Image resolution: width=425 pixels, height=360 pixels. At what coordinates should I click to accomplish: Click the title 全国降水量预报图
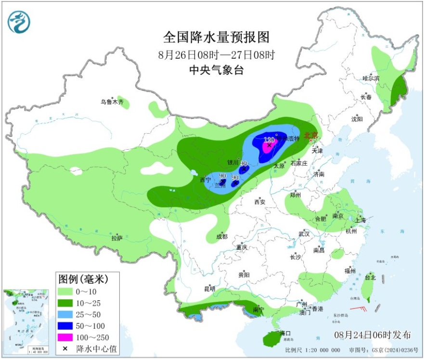tap(216, 37)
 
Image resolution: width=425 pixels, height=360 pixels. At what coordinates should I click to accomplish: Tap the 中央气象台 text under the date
tap(216, 70)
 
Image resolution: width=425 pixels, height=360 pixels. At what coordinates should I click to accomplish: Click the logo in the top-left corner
tap(19, 22)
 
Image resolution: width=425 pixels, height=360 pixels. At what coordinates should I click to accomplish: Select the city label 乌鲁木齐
tap(112, 102)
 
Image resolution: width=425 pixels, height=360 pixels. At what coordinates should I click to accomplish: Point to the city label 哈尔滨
tap(371, 78)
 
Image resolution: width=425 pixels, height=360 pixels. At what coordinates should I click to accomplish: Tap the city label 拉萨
tap(117, 238)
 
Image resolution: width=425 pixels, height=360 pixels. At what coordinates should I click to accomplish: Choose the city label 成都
tap(222, 237)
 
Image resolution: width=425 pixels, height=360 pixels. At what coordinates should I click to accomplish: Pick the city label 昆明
tap(210, 289)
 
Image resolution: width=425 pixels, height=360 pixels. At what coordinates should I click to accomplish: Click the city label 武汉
tap(304, 233)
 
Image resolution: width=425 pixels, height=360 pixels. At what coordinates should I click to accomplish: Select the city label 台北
tap(370, 277)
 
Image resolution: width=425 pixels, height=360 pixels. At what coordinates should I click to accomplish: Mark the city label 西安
tap(260, 202)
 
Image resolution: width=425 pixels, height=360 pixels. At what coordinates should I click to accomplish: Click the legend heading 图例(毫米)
tap(83, 279)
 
